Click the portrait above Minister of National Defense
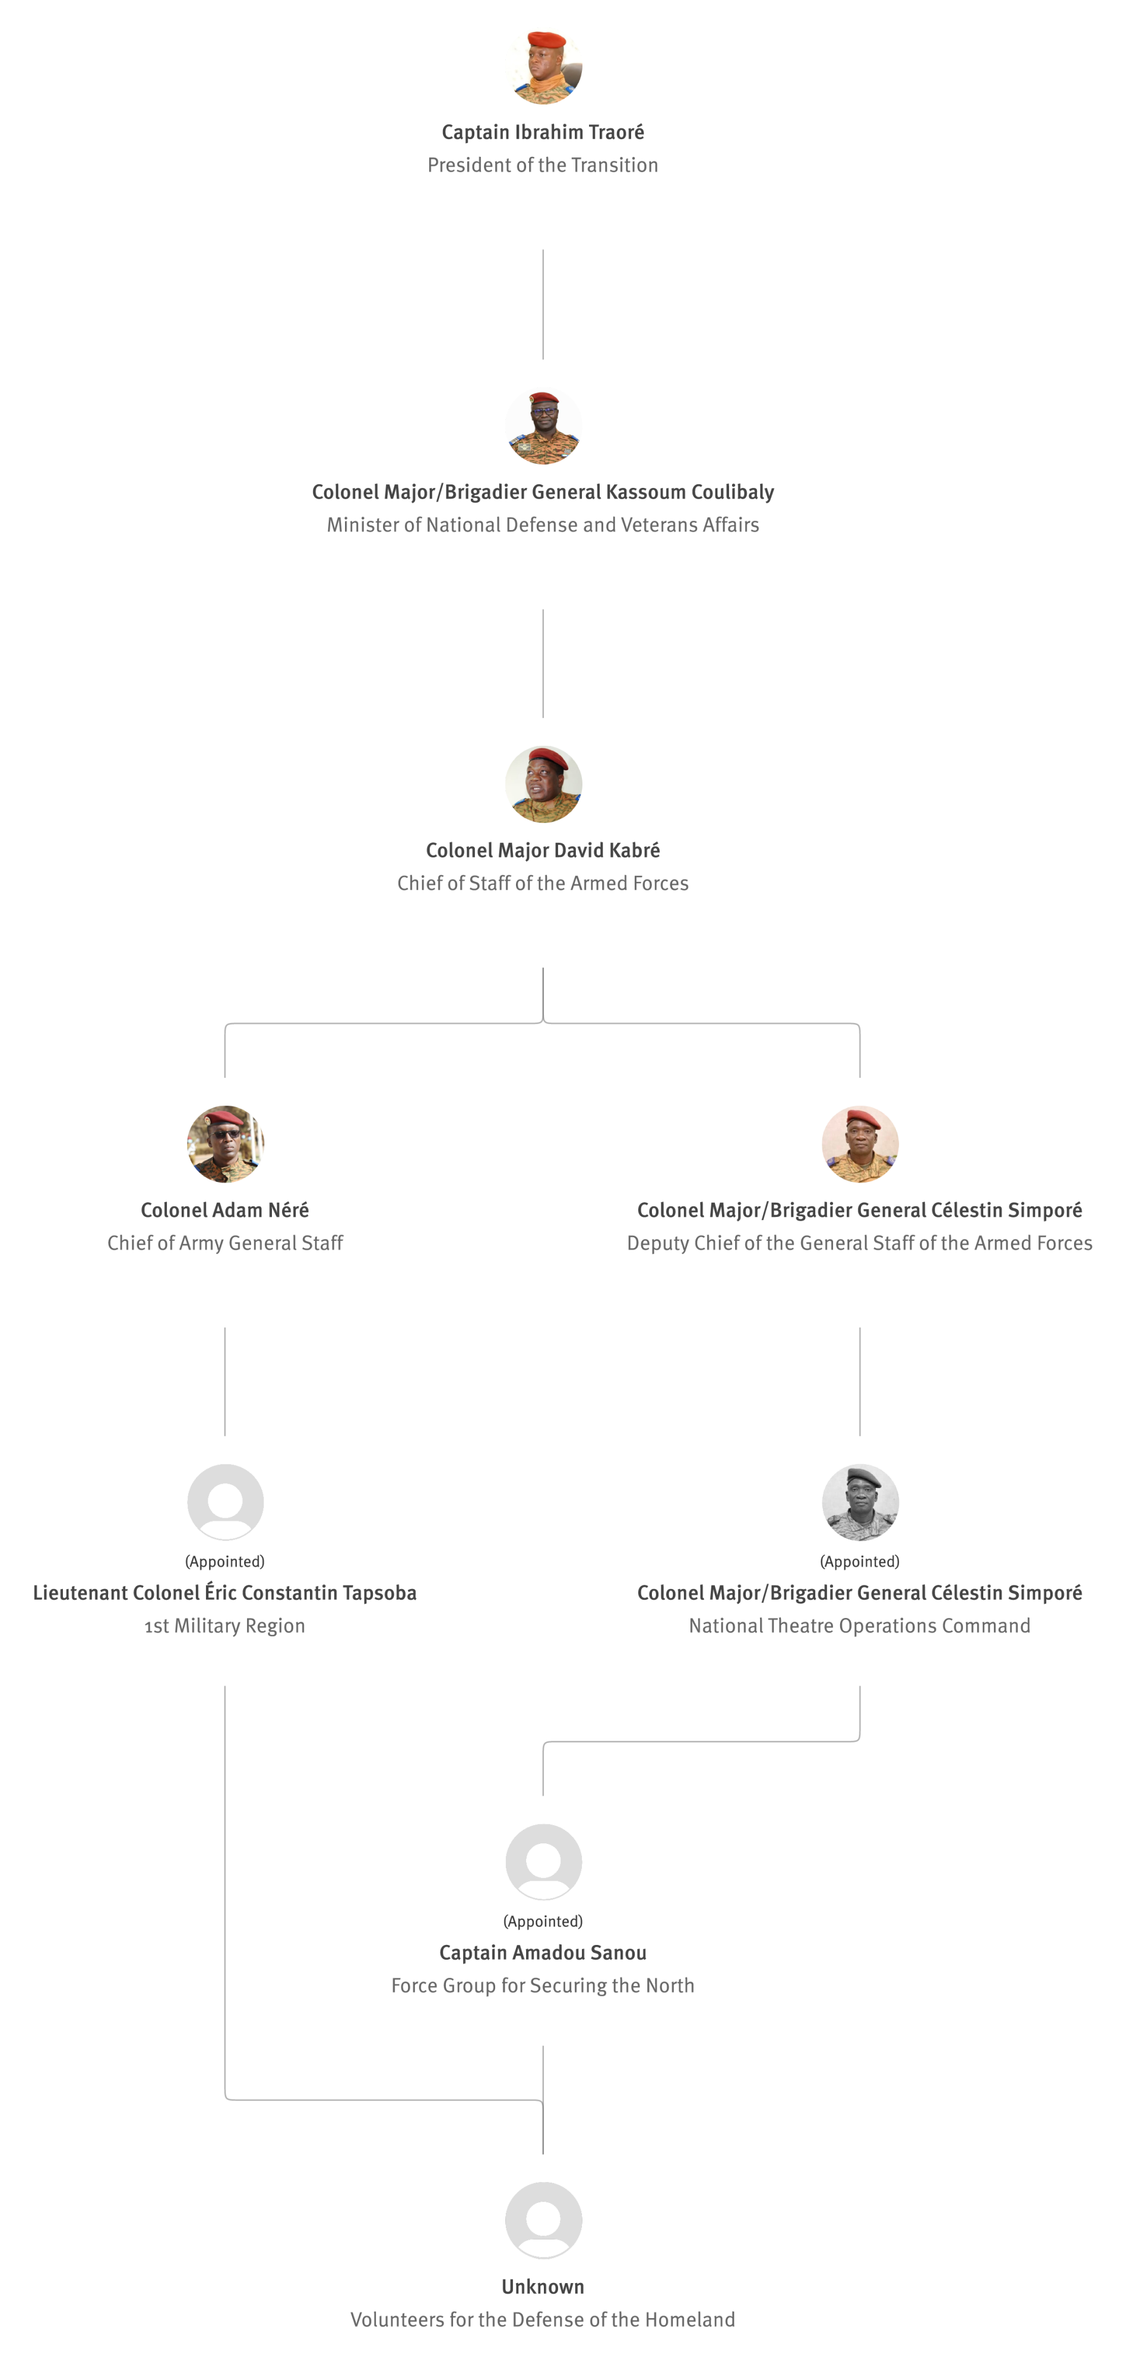tap(543, 425)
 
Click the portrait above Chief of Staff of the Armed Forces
tap(543, 784)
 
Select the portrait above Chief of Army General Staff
tap(225, 1144)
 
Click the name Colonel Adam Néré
tap(225, 1210)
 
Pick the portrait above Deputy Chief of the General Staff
tap(860, 1144)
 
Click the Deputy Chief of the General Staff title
tap(860, 1243)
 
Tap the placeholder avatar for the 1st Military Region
tap(225, 1502)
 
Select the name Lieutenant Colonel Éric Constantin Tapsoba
tap(225, 1593)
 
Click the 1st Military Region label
tap(225, 1626)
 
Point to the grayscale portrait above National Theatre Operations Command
tap(860, 1502)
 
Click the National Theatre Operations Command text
tap(860, 1626)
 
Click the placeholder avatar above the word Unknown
tap(543, 2220)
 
